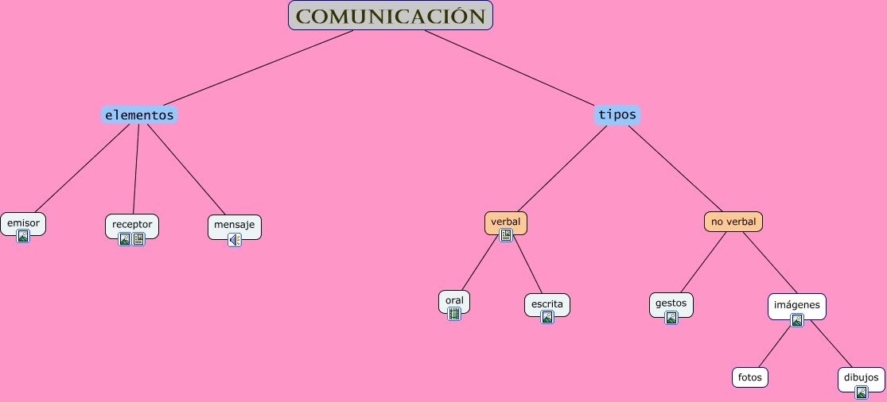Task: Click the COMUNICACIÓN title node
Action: pos(390,16)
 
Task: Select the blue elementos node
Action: pos(139,114)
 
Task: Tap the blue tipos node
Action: pos(617,114)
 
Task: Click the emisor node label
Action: pos(23,222)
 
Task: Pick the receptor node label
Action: pos(132,224)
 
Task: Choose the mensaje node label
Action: pos(234,224)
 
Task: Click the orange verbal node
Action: pos(505,221)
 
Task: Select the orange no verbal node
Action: pos(733,221)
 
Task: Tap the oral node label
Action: pos(454,300)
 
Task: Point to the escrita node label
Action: pos(547,303)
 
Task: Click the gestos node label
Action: pos(671,303)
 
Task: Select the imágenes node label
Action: pos(796,304)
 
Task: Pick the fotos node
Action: pos(750,377)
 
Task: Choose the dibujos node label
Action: pos(862,377)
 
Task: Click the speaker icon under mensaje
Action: pos(235,239)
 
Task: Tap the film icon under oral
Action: pos(454,314)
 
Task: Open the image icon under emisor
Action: pos(23,236)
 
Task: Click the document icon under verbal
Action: pos(506,235)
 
